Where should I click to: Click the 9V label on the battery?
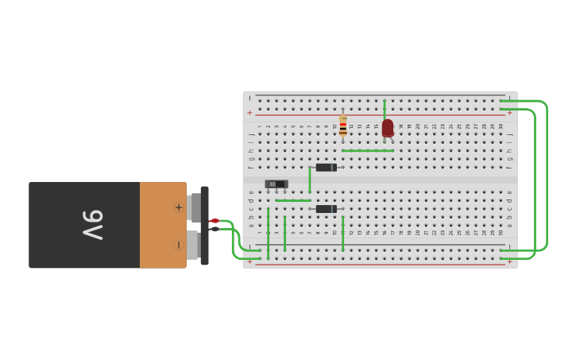point(93,225)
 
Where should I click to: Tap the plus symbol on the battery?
point(179,207)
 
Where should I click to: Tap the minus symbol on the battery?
point(179,245)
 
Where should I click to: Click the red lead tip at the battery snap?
point(215,220)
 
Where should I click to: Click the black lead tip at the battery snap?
point(215,229)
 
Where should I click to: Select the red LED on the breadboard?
point(387,128)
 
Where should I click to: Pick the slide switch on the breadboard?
point(276,184)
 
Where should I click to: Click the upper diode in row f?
point(326,168)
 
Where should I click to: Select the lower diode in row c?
point(326,209)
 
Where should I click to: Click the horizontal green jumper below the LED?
point(368,150)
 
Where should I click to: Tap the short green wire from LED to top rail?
point(385,108)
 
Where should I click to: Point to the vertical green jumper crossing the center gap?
point(310,180)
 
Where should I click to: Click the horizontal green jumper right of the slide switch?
point(293,200)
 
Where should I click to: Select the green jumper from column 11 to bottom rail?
point(343,234)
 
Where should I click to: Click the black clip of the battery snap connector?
point(205,226)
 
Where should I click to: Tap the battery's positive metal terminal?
point(194,207)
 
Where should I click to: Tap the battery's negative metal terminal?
point(193,245)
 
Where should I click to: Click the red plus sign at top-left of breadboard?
point(249,113)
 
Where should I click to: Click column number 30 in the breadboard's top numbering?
point(501,126)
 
